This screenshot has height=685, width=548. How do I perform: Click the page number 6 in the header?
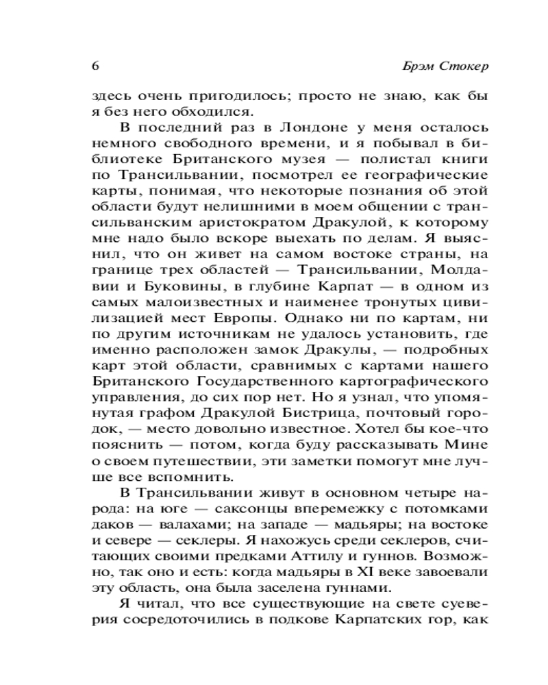point(95,66)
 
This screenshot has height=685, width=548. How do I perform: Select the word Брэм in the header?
point(419,67)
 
